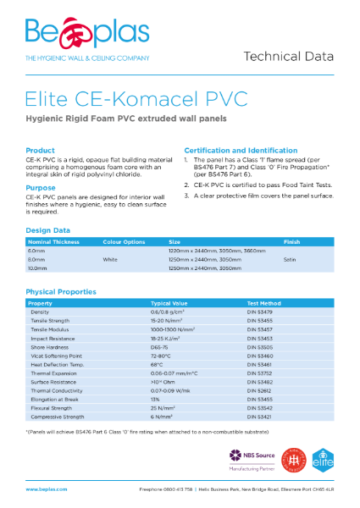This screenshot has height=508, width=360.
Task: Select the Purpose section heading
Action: tap(41, 188)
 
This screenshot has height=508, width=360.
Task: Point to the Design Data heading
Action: tap(47, 230)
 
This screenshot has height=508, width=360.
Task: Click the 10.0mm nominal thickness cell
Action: tap(36, 268)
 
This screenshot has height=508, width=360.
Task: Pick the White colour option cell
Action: tap(110, 259)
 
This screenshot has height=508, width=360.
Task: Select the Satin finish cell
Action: tap(291, 259)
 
